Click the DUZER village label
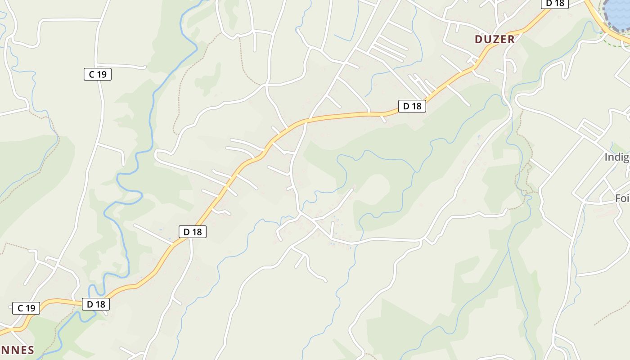[x=495, y=39]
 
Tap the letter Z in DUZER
[x=495, y=39]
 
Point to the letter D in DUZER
[x=478, y=39]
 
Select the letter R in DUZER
[x=511, y=39]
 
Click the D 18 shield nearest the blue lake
[x=554, y=3]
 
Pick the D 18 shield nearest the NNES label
[x=96, y=304]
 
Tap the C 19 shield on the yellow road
[x=26, y=308]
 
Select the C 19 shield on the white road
[x=97, y=74]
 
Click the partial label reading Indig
[x=616, y=157]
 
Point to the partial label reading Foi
[x=622, y=198]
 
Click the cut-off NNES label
[x=17, y=350]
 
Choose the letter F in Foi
[x=618, y=198]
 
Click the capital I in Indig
[x=606, y=157]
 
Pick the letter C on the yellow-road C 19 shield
[x=20, y=308]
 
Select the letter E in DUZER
[x=503, y=39]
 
